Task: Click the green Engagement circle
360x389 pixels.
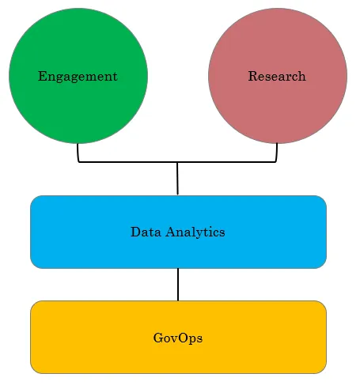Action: coord(78,76)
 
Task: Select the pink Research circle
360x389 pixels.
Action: coord(278,76)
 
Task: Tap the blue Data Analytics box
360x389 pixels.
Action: coord(178,232)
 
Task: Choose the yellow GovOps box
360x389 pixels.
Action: coord(178,337)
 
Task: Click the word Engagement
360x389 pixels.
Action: coord(78,77)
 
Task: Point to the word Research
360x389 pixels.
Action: coord(277,76)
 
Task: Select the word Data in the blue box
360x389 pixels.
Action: coord(146,232)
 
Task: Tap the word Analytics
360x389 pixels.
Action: coord(195,232)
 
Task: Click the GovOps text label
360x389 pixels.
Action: coord(178,338)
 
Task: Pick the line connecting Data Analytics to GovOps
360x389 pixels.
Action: coord(178,285)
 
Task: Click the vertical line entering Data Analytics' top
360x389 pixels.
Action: coord(177,179)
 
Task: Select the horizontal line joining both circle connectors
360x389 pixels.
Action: coord(177,162)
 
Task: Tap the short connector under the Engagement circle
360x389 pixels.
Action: coord(78,153)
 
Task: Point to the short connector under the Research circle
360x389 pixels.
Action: coord(277,153)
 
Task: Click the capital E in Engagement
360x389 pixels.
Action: coord(43,76)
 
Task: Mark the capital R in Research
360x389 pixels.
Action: coord(253,76)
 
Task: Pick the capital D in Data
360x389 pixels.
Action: coord(136,232)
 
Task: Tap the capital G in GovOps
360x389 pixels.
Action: coord(158,338)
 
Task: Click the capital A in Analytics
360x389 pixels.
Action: coord(171,232)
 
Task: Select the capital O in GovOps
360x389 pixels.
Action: coord(184,338)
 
